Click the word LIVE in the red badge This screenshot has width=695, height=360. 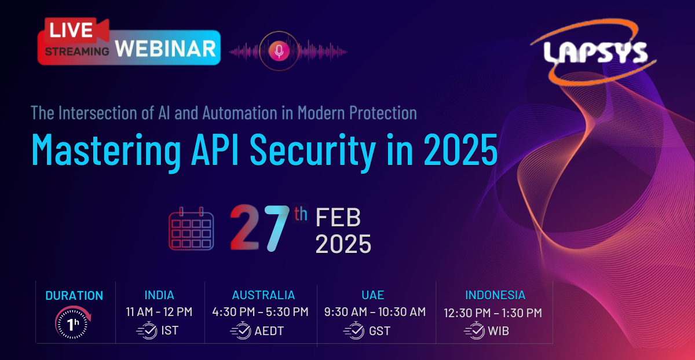pos(71,30)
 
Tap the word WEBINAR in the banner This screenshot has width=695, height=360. pos(166,49)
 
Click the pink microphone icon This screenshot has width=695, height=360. pos(279,51)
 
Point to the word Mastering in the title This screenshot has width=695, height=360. pos(106,150)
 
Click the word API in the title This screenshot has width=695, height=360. pos(215,149)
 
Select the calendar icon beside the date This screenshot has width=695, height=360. pos(191,229)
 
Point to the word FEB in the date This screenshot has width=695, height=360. pos(338,217)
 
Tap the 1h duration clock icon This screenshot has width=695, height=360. pos(73,322)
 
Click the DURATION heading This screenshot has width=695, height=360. pos(74,296)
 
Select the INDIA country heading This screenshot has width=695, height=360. pos(159,295)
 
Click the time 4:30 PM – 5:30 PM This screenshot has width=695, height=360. pos(260,312)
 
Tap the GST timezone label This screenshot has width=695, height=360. pos(379,331)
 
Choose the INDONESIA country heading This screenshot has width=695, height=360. pos(495,295)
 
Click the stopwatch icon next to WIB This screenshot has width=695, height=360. pos(474,330)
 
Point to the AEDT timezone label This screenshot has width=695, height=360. pos(269,331)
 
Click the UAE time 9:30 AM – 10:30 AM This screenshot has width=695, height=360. pos(375,312)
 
